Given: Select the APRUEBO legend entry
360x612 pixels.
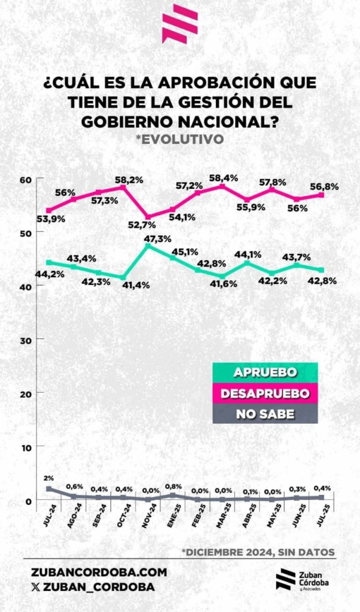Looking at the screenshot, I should click(265, 372).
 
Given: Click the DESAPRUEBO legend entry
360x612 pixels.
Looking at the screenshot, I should click(265, 393).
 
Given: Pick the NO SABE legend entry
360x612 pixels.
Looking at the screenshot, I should click(265, 414).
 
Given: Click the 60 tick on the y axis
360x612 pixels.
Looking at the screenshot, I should click(26, 179).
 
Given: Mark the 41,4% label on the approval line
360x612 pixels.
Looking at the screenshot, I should click(137, 286).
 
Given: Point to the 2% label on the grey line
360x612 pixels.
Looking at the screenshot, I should click(48, 478).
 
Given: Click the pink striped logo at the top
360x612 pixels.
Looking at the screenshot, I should click(179, 24).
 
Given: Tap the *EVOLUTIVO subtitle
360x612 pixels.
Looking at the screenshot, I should click(179, 139).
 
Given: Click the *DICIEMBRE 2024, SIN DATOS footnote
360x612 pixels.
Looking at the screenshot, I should click(258, 551).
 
